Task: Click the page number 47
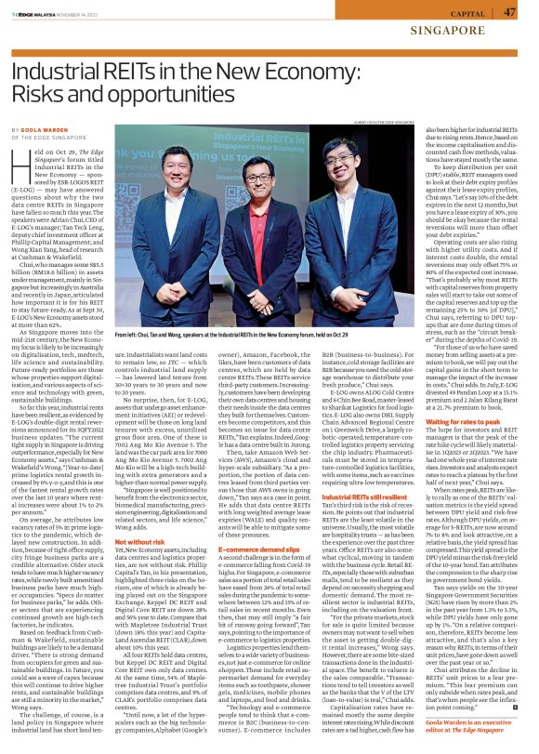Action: point(509,11)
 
